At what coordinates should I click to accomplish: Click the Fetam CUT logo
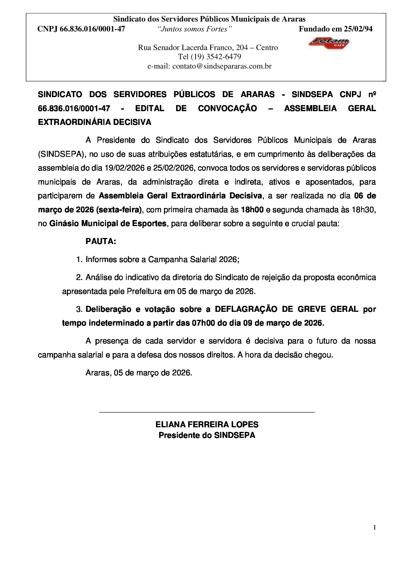click(329, 43)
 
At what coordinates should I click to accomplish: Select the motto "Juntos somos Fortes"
click(194, 29)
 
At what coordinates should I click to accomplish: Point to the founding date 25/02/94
click(358, 29)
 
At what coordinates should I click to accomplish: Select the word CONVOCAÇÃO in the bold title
click(227, 108)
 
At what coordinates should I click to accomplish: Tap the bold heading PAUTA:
click(101, 242)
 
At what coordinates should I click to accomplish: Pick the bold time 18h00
click(252, 210)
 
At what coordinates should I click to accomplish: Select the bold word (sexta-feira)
click(118, 210)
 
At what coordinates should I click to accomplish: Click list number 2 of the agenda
click(79, 278)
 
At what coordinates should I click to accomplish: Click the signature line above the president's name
click(207, 412)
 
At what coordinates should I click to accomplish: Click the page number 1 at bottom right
click(374, 528)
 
